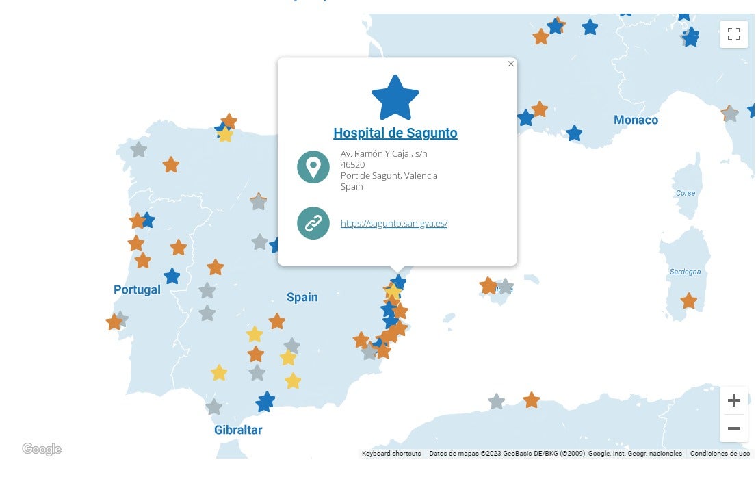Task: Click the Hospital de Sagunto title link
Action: click(395, 133)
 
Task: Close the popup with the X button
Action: click(511, 64)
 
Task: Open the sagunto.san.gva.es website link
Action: click(393, 224)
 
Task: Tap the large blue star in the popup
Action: click(395, 98)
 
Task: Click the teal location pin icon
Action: click(313, 167)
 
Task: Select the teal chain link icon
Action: click(313, 223)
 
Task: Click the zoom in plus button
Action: click(733, 400)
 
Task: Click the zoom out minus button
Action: click(733, 428)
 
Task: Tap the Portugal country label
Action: click(137, 289)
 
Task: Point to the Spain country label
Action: click(302, 297)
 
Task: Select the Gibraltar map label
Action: click(238, 430)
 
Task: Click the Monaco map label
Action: click(636, 120)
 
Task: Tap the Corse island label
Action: click(685, 193)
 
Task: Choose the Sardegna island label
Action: click(685, 272)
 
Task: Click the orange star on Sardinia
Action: click(688, 300)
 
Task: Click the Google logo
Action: click(42, 449)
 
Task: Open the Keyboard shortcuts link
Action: click(391, 454)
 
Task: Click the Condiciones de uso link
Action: click(720, 454)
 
